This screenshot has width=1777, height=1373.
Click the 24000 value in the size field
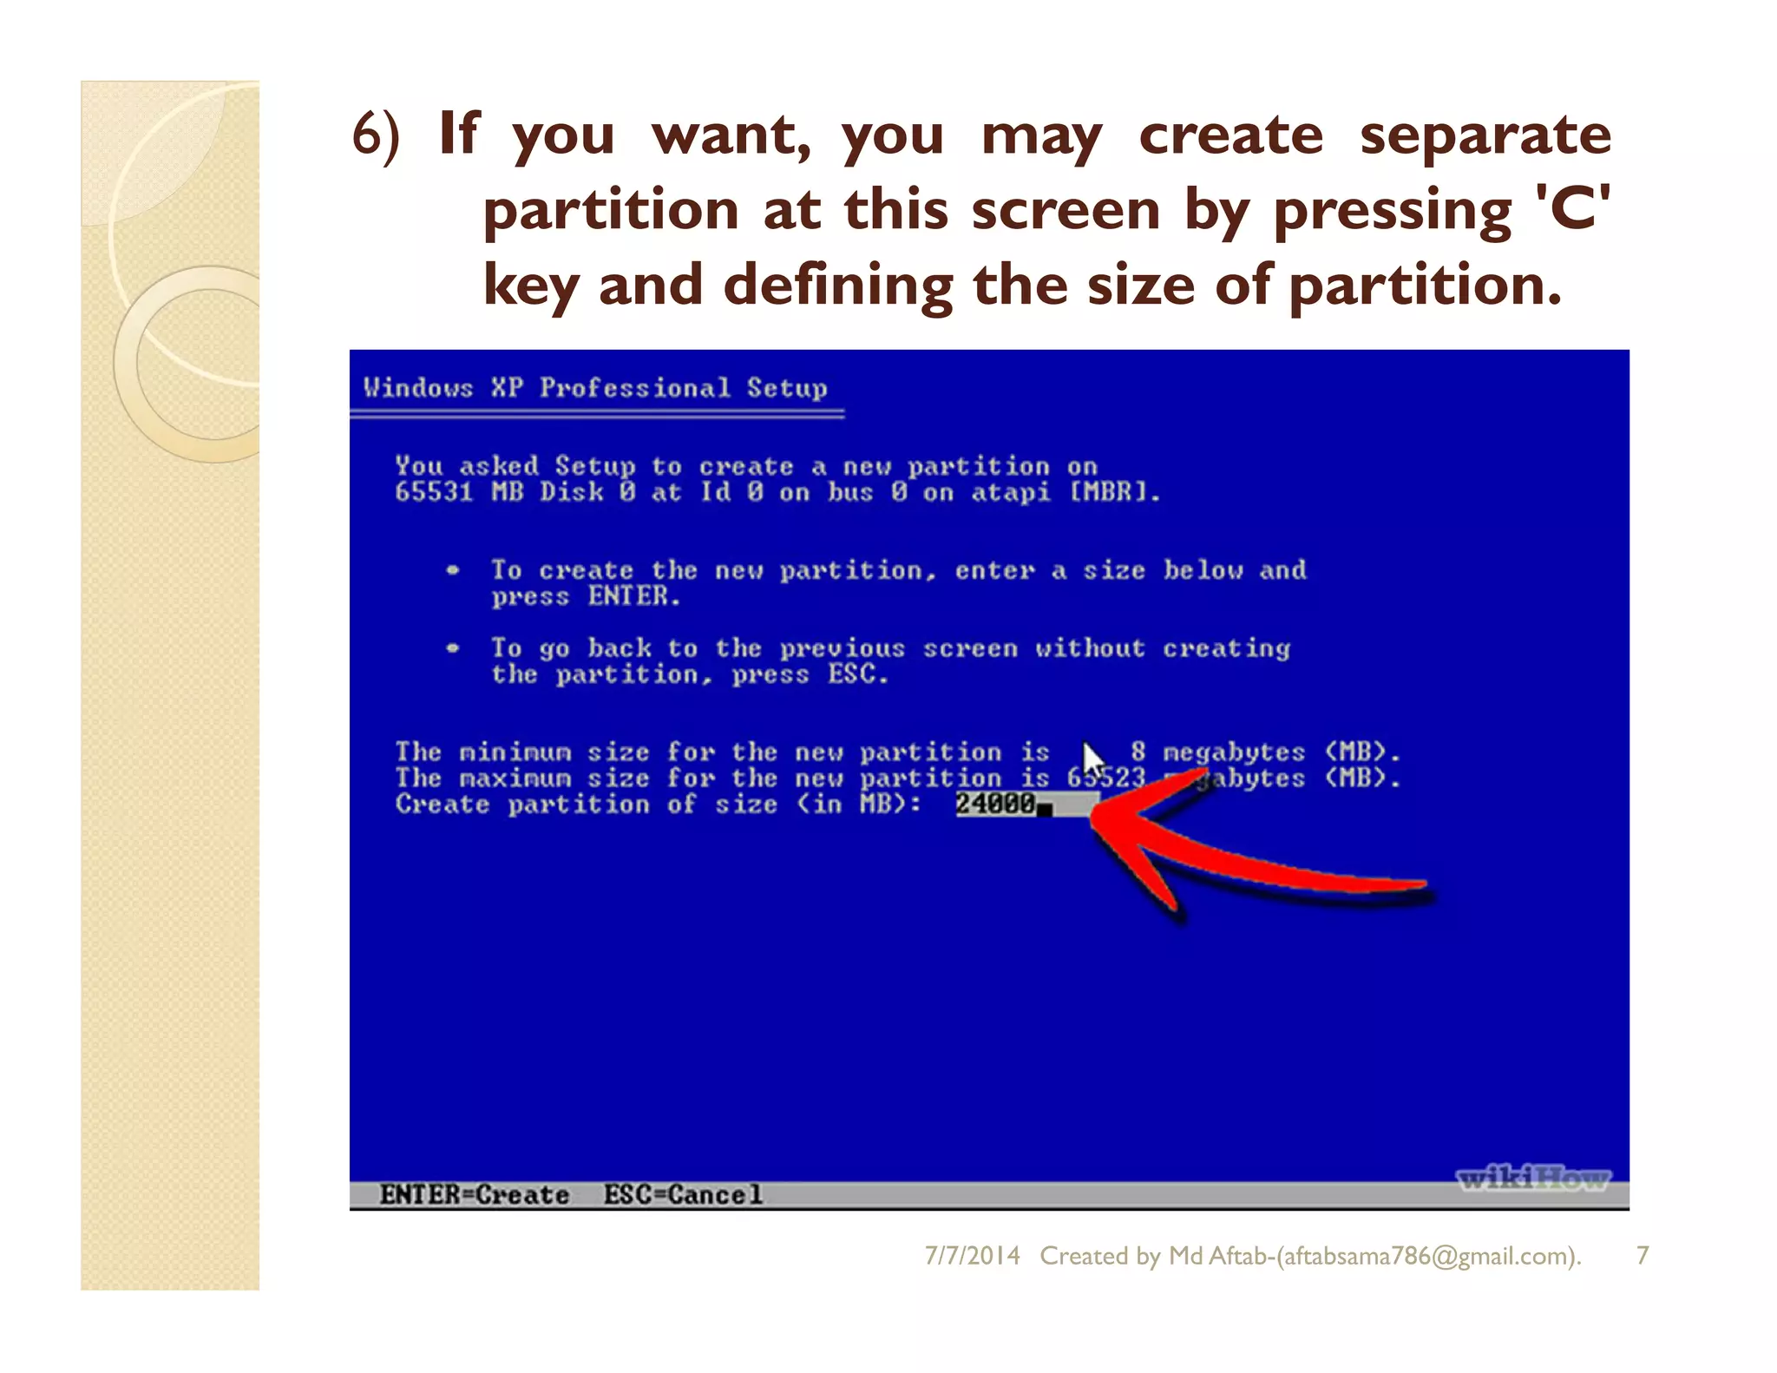(995, 805)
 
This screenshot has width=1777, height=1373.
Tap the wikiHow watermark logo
(1532, 1178)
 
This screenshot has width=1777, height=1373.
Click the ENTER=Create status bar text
(474, 1195)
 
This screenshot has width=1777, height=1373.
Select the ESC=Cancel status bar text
(683, 1195)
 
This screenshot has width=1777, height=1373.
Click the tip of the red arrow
(1095, 813)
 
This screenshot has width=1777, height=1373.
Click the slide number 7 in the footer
(1642, 1255)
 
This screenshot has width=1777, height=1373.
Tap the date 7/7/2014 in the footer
(972, 1255)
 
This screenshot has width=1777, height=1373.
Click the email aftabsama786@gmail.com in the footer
(1427, 1255)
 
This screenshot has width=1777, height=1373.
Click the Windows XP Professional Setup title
(595, 387)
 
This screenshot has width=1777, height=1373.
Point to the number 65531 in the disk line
(434, 492)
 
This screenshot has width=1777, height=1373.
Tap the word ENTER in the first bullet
(633, 596)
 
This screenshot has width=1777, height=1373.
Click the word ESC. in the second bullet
(857, 674)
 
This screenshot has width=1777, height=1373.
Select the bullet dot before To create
(452, 570)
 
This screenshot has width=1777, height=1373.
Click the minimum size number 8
(1138, 752)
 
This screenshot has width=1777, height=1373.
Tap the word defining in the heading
(838, 285)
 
